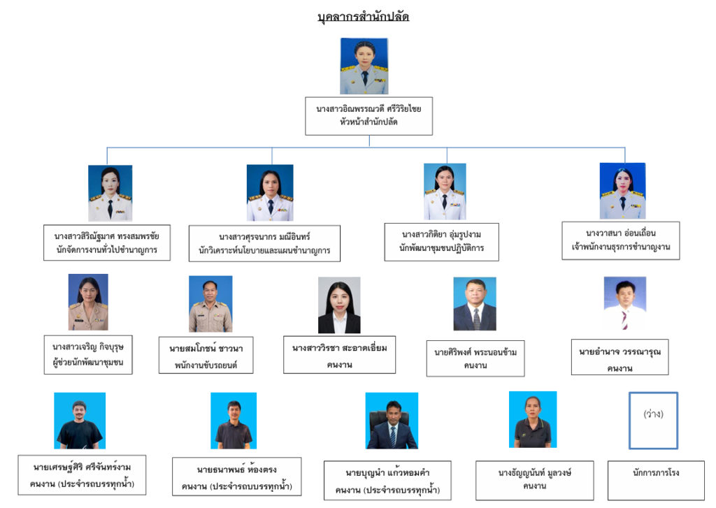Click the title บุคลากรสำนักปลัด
(x=363, y=17)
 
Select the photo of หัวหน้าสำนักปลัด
(x=364, y=66)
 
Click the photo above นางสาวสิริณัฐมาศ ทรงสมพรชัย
(x=110, y=194)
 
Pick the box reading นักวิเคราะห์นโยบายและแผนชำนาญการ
(x=264, y=243)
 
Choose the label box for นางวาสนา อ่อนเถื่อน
(x=620, y=240)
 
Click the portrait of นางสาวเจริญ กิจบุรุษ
(x=88, y=303)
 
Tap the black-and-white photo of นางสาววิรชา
(x=339, y=305)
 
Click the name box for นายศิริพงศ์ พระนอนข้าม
(x=475, y=358)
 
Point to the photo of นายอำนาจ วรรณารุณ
(x=624, y=304)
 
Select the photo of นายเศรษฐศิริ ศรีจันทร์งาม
(x=80, y=421)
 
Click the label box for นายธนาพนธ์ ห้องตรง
(x=236, y=477)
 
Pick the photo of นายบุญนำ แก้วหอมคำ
(x=392, y=421)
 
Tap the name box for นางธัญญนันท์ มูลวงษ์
(x=534, y=479)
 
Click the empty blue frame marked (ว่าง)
(x=653, y=420)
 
